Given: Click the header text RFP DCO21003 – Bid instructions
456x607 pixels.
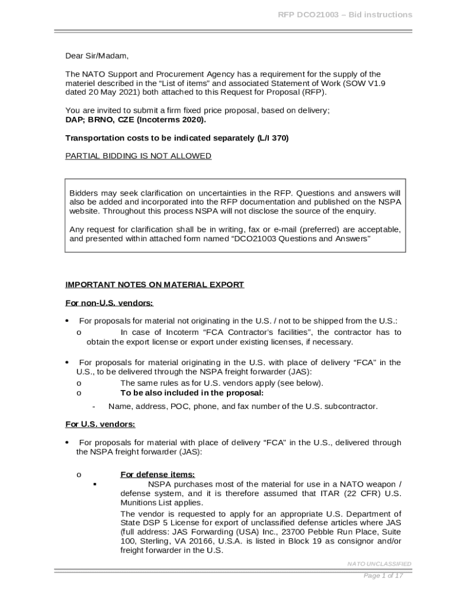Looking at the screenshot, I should (345, 15).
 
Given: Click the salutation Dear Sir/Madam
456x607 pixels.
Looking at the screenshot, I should (97, 56).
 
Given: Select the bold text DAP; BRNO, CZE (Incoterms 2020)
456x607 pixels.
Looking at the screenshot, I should (136, 120).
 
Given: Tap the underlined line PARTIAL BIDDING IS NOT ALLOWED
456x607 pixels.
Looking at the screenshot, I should (138, 156).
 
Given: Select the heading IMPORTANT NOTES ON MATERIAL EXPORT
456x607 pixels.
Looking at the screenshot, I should (154, 285).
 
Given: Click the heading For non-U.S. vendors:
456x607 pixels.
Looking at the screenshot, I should (109, 303).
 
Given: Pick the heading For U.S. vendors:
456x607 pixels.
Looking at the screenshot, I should (99, 424).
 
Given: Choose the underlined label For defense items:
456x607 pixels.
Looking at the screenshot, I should (158, 474).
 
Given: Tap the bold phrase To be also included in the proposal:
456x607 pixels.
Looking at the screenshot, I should (192, 393).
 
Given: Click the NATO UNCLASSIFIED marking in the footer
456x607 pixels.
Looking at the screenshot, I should (379, 564).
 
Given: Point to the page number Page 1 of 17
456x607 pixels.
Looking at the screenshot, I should (383, 576).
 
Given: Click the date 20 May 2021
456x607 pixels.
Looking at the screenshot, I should (108, 92).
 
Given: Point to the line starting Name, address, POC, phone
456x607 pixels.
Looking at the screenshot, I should (243, 406).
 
